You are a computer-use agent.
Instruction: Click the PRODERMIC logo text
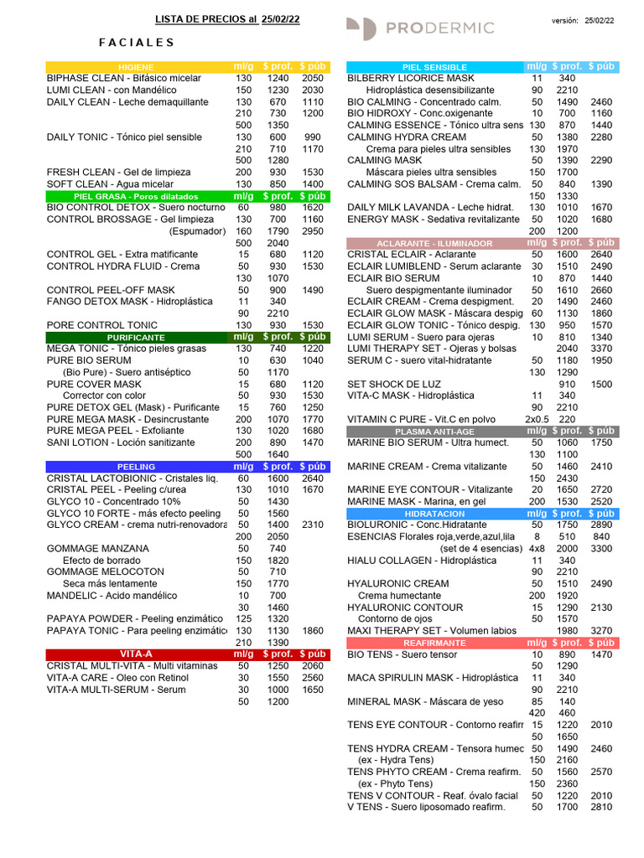point(439,28)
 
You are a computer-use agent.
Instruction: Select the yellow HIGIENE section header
point(135,67)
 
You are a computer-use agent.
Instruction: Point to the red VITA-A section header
point(136,654)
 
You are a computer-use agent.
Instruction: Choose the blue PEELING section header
point(136,466)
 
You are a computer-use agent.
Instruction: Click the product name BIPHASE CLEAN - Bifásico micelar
point(124,78)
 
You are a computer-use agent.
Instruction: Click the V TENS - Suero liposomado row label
point(426,807)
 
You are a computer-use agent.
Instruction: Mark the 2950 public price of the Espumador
point(313,230)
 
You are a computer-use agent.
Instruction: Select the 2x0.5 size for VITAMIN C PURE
point(537,419)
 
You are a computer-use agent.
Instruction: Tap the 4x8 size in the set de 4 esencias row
point(537,548)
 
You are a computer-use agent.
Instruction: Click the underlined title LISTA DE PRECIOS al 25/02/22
point(227,19)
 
